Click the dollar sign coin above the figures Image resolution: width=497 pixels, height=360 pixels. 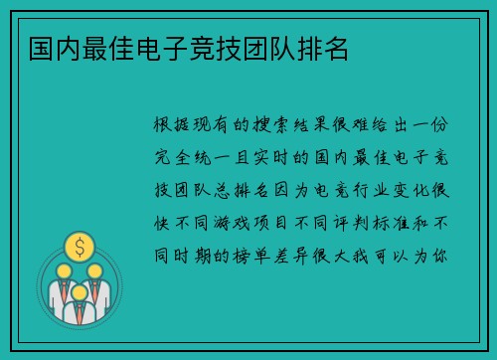(80, 244)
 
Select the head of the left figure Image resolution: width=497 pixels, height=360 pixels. (64, 270)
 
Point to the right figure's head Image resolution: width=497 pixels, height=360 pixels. (95, 270)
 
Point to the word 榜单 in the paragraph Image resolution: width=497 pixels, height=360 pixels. (256, 256)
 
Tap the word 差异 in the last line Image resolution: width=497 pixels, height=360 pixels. (302, 256)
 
